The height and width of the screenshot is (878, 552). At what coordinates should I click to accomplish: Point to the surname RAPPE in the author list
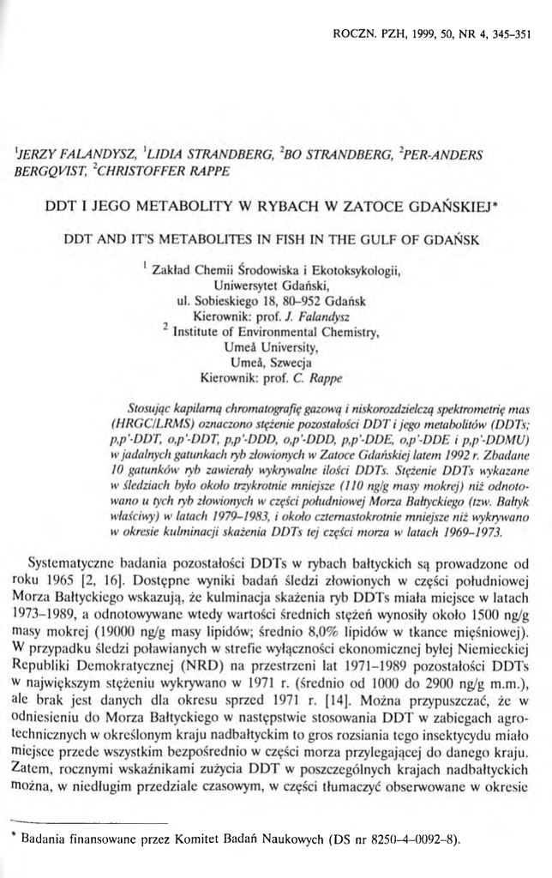tap(206, 171)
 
